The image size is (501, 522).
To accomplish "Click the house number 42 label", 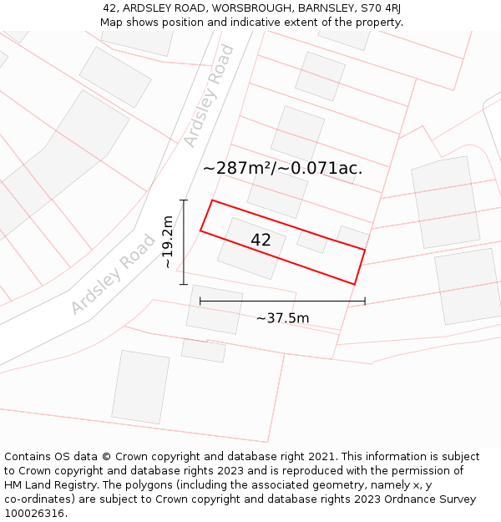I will click(x=261, y=241).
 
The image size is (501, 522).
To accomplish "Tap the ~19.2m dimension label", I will click(x=168, y=242).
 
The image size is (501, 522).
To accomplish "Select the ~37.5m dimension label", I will click(x=282, y=318).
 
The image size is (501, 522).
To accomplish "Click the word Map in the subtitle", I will click(x=112, y=23).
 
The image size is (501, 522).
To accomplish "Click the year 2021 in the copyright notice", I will click(x=321, y=457).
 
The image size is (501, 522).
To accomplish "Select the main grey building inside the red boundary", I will click(x=251, y=248).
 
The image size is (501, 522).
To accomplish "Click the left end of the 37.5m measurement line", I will click(x=200, y=302).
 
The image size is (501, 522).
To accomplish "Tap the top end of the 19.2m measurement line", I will click(x=184, y=200).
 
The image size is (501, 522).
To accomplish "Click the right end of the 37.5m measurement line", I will click(x=365, y=302).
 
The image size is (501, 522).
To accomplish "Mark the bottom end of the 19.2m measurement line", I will click(x=184, y=284).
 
